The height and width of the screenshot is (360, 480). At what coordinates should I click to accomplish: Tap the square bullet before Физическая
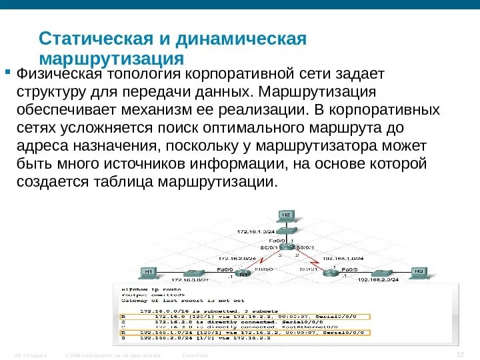8,70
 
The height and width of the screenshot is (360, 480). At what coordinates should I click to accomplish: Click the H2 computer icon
285,216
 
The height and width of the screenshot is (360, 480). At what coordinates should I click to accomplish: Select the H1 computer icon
149,272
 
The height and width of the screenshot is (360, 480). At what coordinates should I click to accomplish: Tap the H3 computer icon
418,272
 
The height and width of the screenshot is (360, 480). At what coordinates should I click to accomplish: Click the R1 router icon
244,271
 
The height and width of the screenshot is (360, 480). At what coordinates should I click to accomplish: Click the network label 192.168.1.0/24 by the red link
343,257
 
